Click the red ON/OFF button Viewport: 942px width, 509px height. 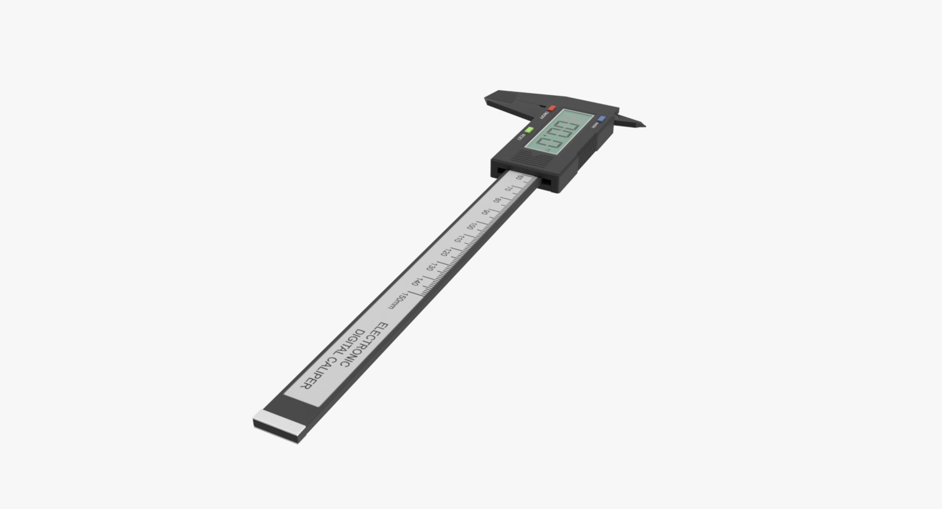click(x=551, y=108)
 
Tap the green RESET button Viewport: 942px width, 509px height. click(x=529, y=130)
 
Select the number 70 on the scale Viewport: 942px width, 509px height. click(x=509, y=189)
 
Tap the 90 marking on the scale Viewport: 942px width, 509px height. click(x=485, y=212)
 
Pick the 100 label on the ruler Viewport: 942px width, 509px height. click(x=471, y=226)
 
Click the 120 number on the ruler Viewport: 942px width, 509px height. click(x=445, y=253)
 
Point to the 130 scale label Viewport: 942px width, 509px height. click(x=430, y=267)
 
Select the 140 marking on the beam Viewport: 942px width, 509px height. click(x=416, y=282)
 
